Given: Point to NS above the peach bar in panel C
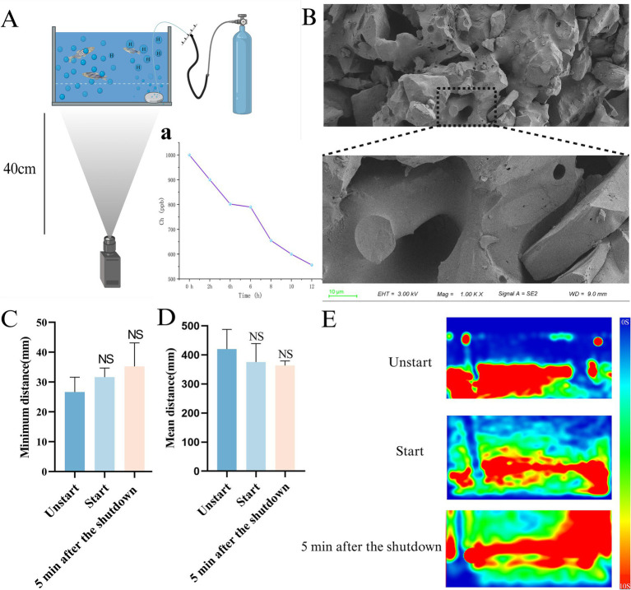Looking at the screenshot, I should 134,311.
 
